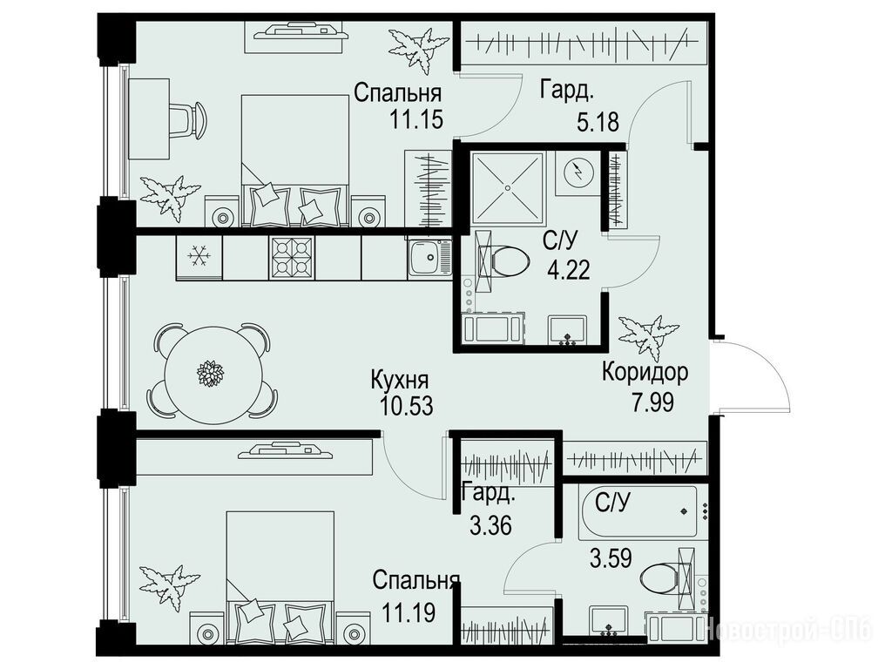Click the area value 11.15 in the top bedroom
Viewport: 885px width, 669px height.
(x=416, y=119)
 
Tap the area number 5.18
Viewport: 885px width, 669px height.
(x=598, y=122)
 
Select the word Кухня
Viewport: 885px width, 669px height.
(x=400, y=381)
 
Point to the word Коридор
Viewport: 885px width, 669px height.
(x=645, y=372)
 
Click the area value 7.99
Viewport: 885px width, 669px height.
(x=653, y=402)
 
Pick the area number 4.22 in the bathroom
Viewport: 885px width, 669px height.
(x=569, y=270)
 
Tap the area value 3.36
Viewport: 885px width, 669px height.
(x=490, y=525)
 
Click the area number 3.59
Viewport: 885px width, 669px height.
(x=611, y=558)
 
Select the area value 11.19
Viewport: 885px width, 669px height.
(x=409, y=612)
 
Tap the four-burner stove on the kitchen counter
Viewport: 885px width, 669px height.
(x=293, y=257)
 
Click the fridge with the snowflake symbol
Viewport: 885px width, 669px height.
(x=199, y=258)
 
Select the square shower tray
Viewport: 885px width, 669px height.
(x=508, y=187)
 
